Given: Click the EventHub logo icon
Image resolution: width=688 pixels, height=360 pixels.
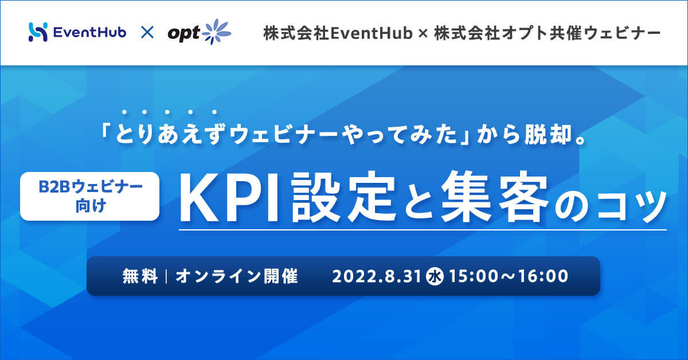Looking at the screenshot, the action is [38, 32].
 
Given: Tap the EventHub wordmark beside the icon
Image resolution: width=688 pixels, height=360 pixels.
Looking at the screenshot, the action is [89, 32].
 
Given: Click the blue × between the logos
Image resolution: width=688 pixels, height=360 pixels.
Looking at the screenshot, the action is [147, 32].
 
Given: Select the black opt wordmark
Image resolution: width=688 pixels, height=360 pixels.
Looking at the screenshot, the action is [183, 33].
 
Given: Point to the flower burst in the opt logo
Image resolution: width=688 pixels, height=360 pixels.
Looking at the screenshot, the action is [216, 32].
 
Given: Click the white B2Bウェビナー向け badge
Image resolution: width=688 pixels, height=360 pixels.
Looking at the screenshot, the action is [89, 196].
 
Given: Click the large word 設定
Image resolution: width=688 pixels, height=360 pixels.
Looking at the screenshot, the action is [343, 197].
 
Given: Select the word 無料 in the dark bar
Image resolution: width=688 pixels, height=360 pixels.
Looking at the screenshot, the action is [140, 276].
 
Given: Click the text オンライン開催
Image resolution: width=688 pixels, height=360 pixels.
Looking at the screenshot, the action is [237, 276].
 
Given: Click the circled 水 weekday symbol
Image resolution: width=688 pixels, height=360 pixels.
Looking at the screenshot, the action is [435, 276].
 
